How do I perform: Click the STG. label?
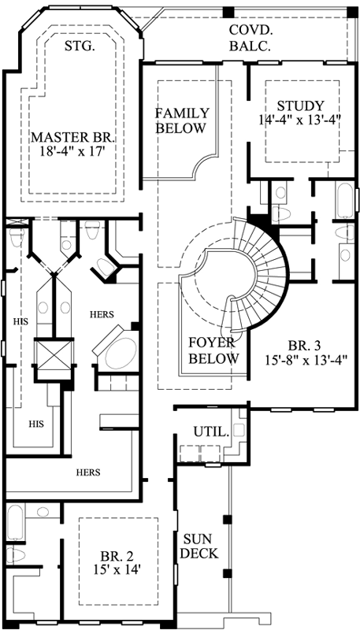coord(79,46)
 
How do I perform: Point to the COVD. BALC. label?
coord(251,38)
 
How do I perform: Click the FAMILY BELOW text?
coord(180,120)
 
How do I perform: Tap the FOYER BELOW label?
coord(213,350)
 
